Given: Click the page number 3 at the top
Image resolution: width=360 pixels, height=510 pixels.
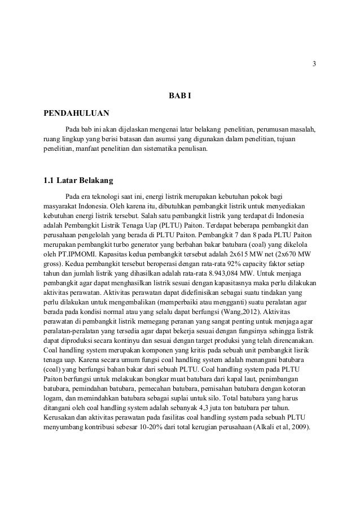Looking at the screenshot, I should click(x=315, y=62).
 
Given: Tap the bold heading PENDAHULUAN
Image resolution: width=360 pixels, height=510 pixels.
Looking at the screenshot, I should click(x=77, y=112).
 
